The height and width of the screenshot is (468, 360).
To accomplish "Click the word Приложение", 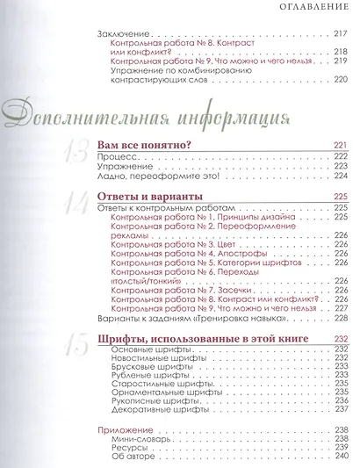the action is click(x=120, y=418).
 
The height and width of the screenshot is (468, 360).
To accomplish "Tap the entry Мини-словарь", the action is click(x=141, y=428).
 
